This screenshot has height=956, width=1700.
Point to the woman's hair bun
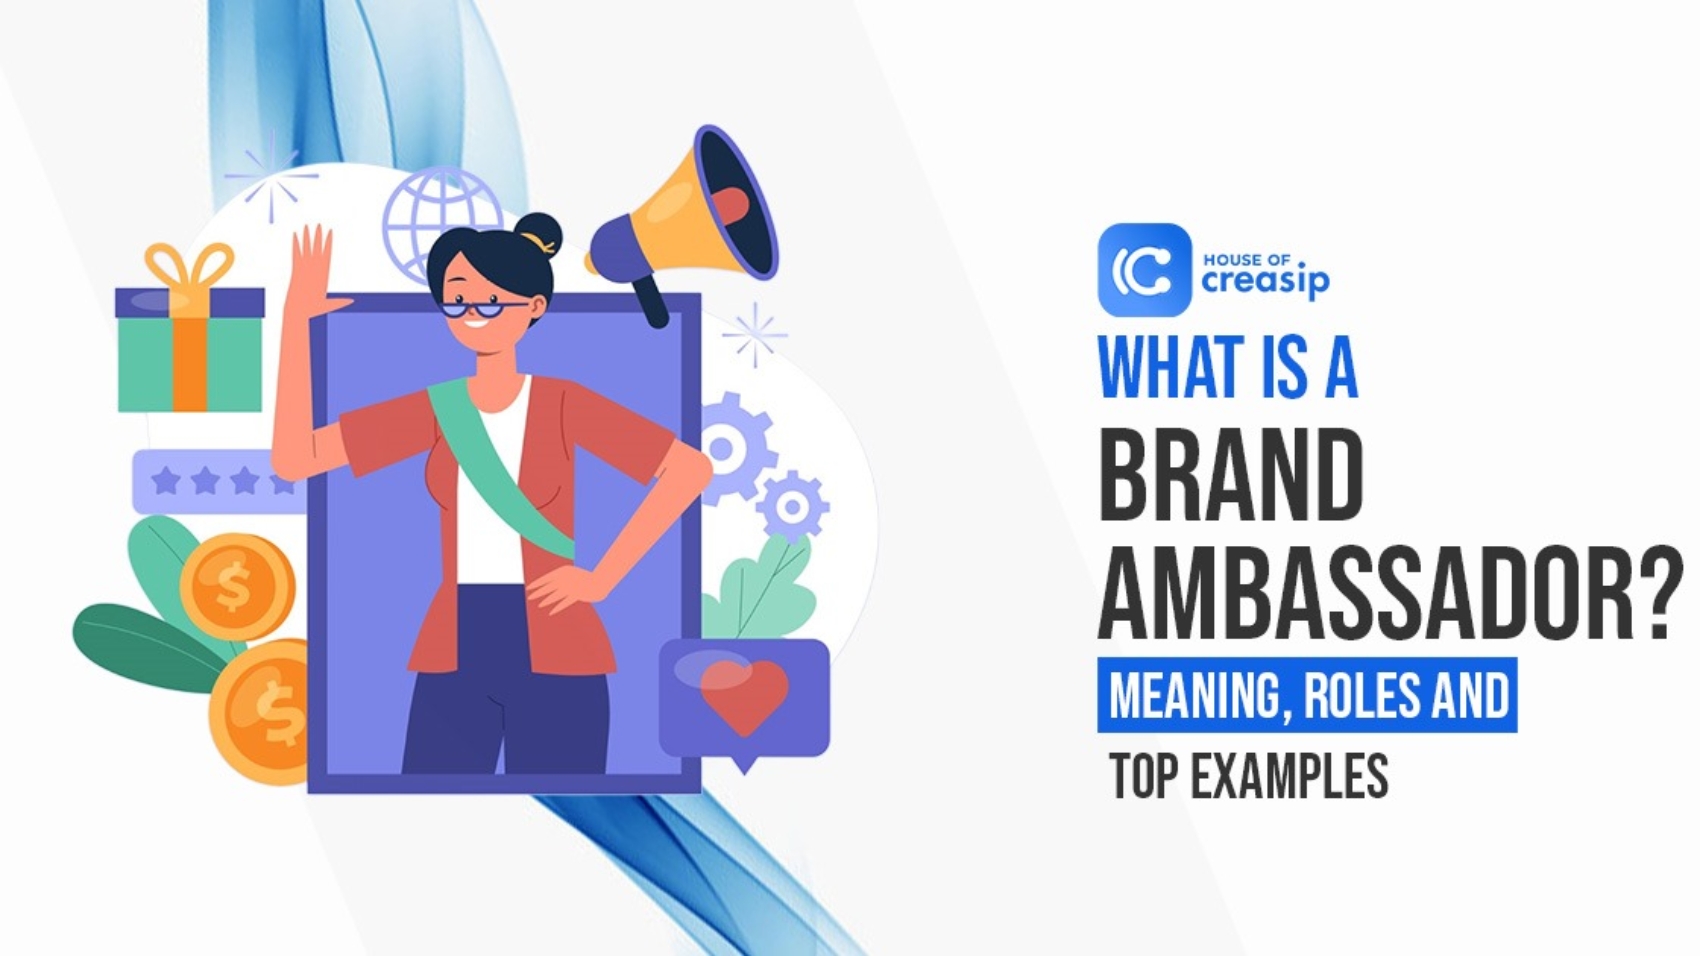[x=539, y=234]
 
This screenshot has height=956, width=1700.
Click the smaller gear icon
[x=793, y=506]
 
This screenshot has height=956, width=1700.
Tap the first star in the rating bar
[x=166, y=482]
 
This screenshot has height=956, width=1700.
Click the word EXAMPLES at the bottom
[x=1289, y=776]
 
